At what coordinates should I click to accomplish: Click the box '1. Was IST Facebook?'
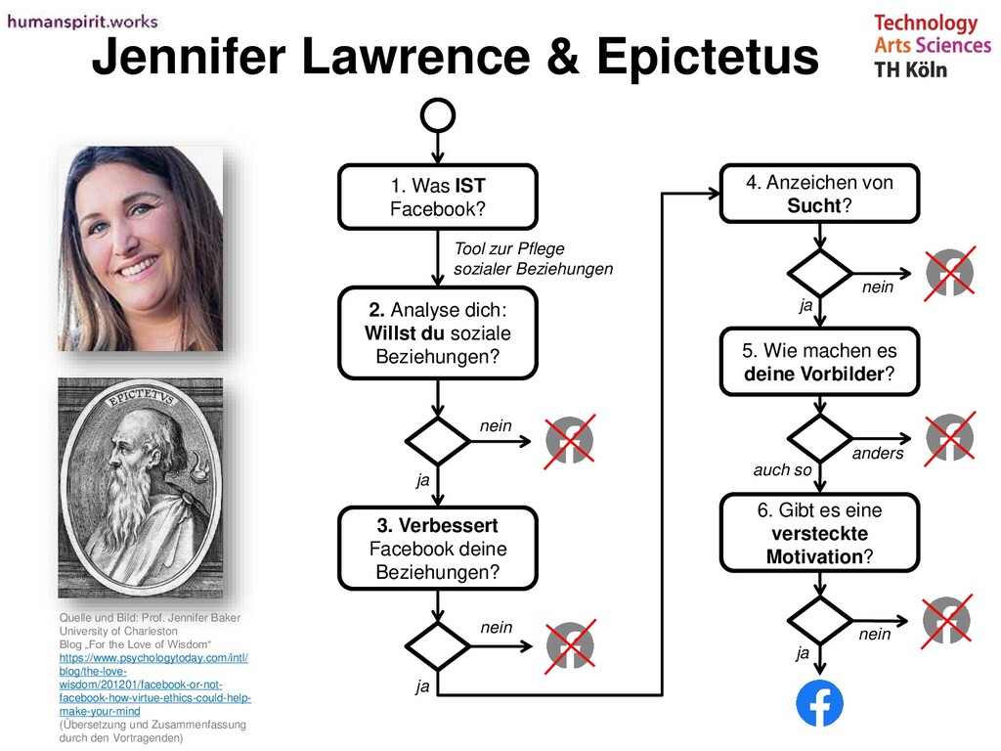pyautogui.click(x=437, y=197)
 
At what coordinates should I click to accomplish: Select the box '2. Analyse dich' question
pyautogui.click(x=437, y=333)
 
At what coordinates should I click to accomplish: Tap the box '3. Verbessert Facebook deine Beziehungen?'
pyautogui.click(x=437, y=549)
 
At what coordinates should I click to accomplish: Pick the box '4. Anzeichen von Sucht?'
pyautogui.click(x=819, y=194)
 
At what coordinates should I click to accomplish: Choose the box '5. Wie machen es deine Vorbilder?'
pyautogui.click(x=819, y=362)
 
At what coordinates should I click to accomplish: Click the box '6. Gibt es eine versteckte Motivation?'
pyautogui.click(x=819, y=534)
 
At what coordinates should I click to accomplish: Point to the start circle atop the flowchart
pyautogui.click(x=437, y=115)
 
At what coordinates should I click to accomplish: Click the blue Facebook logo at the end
pyautogui.click(x=819, y=703)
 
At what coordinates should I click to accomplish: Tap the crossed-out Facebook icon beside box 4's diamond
pyautogui.click(x=949, y=272)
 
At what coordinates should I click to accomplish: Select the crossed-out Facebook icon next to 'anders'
pyautogui.click(x=949, y=438)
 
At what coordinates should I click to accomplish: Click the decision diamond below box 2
pyautogui.click(x=437, y=441)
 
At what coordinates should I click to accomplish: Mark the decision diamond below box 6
pyautogui.click(x=819, y=620)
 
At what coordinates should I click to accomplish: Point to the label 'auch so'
pyautogui.click(x=782, y=470)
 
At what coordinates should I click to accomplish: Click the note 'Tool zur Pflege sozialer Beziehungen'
pyautogui.click(x=533, y=259)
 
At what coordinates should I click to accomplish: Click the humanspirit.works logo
pyautogui.click(x=82, y=22)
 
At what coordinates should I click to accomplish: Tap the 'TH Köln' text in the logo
pyautogui.click(x=910, y=69)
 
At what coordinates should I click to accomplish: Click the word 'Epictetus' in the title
pyautogui.click(x=707, y=59)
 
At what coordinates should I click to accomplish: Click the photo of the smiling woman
pyautogui.click(x=141, y=248)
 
